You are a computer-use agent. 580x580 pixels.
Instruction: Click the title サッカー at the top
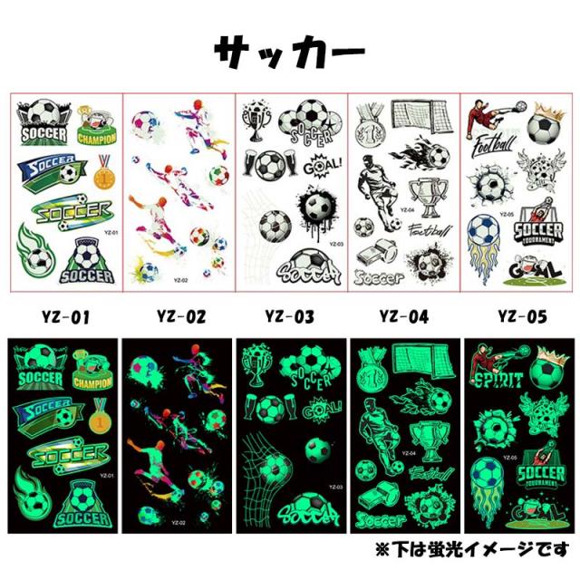pyautogui.click(x=289, y=53)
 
